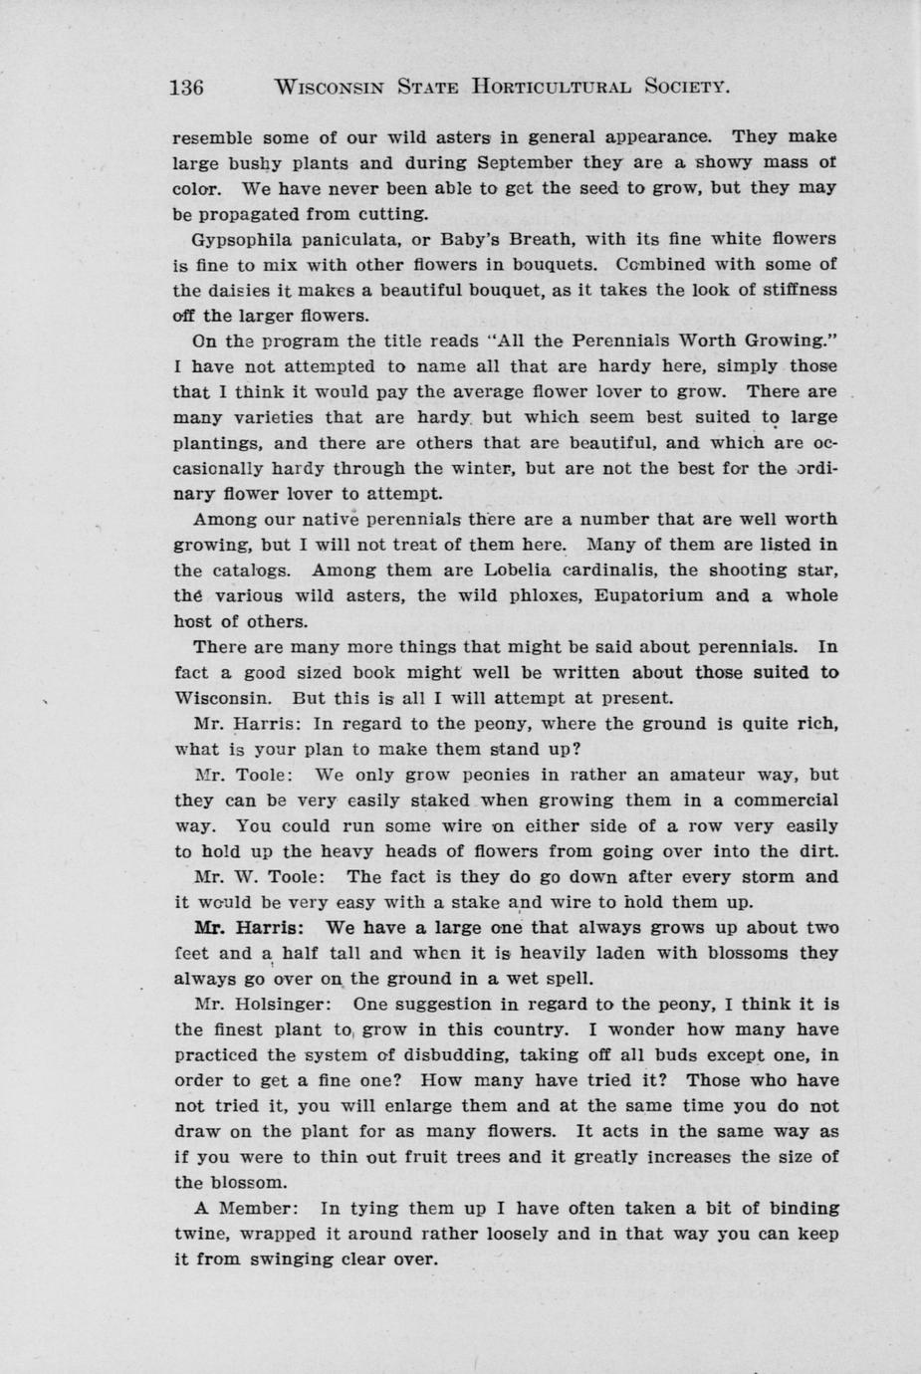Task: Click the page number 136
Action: pos(187,87)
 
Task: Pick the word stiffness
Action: pos(795,290)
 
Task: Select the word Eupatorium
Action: pos(649,595)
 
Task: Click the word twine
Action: pos(197,1234)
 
